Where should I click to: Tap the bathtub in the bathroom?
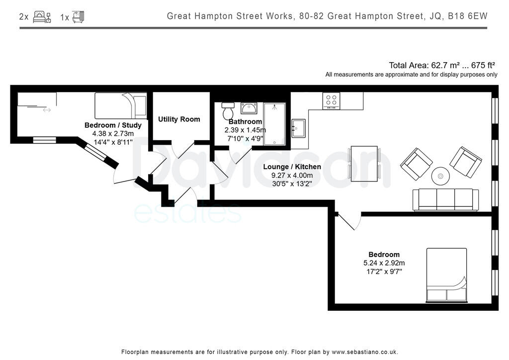(x=274, y=124)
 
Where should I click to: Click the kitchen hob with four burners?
(x=331, y=101)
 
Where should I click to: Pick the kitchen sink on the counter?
(x=298, y=128)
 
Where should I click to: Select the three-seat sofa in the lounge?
(x=445, y=200)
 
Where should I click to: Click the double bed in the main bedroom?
(x=446, y=275)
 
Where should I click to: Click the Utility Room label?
(x=179, y=119)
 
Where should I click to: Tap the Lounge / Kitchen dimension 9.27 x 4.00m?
(x=292, y=176)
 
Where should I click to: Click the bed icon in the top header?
(x=42, y=17)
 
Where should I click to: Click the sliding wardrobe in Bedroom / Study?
(x=37, y=100)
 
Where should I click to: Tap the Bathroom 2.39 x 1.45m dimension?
(x=245, y=130)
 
